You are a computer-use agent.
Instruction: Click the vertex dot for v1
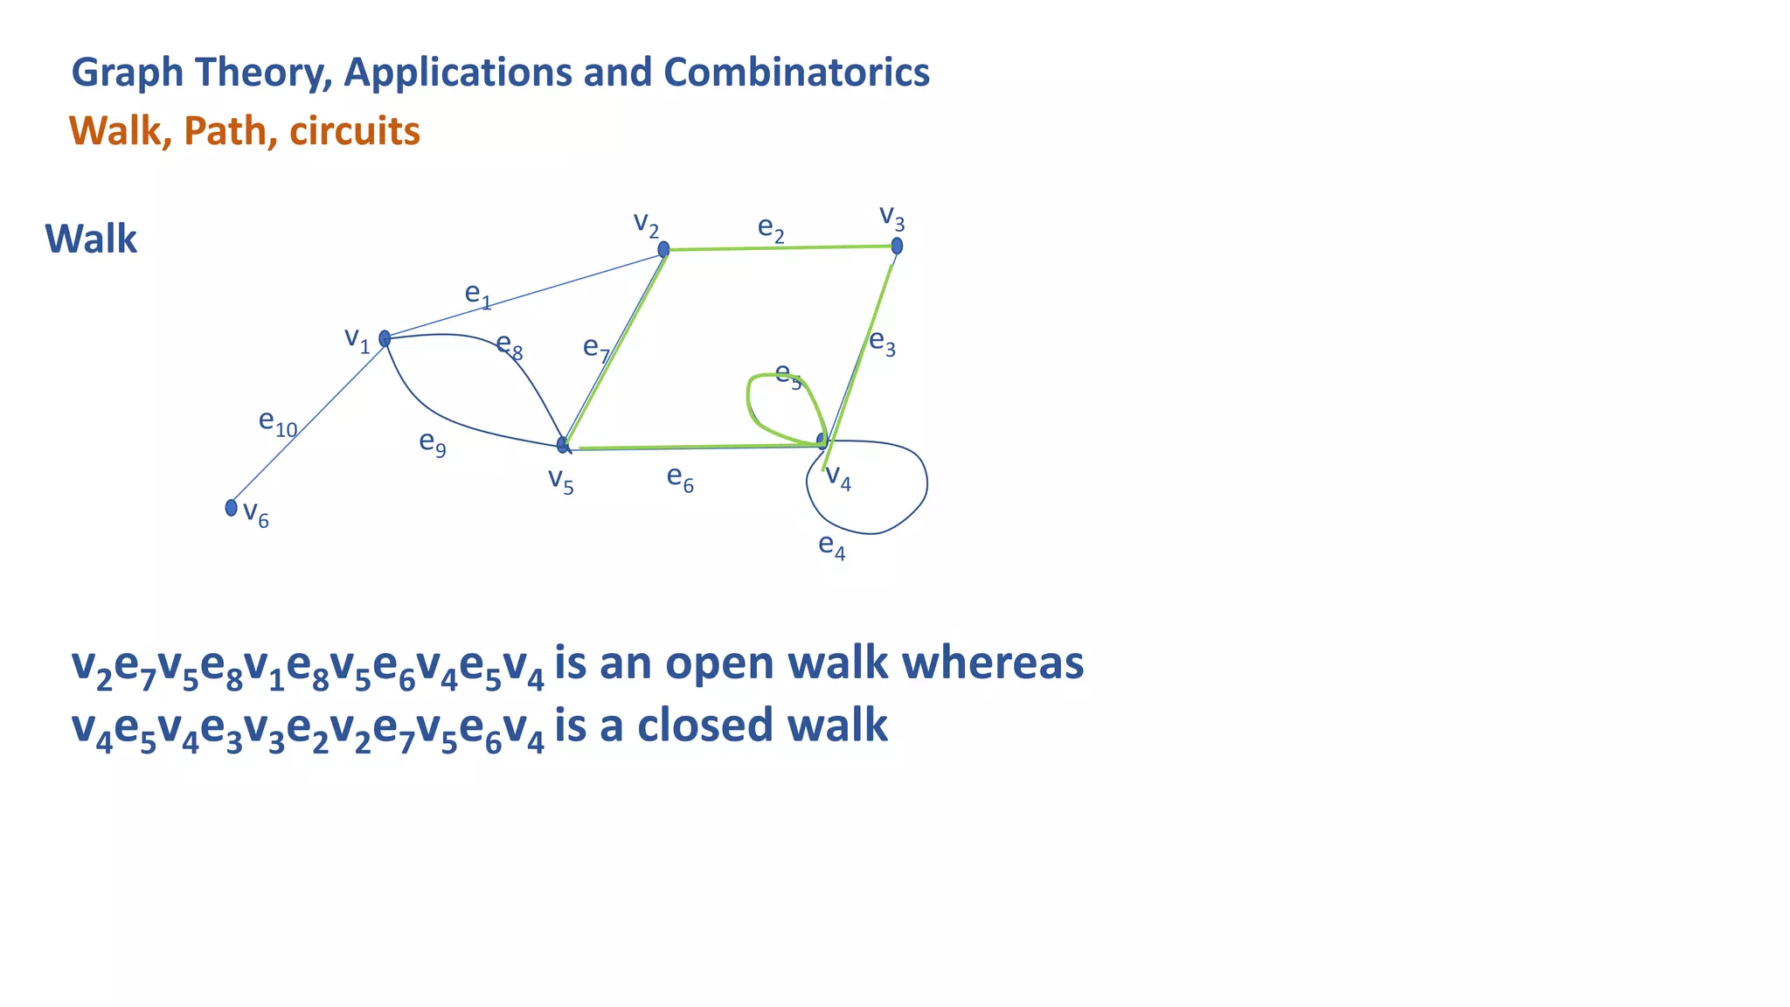coord(385,338)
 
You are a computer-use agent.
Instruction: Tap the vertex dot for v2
coord(663,249)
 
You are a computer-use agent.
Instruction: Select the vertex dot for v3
coord(897,247)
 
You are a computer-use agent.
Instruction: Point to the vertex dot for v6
coord(231,507)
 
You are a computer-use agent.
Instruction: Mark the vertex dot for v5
coord(563,445)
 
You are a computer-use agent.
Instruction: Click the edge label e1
coord(477,295)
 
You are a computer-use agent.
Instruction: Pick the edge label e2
coord(770,229)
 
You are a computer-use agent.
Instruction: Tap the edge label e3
coord(882,343)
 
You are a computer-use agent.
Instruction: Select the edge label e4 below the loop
coord(831,546)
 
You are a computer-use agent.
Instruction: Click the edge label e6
coord(680,478)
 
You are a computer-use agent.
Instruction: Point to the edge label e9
coord(433,443)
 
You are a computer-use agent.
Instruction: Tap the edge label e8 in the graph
coord(509,345)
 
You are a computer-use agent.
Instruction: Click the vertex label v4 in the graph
coord(838,477)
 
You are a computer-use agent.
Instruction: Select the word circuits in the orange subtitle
coord(355,131)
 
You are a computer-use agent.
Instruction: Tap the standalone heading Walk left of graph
coord(91,239)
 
